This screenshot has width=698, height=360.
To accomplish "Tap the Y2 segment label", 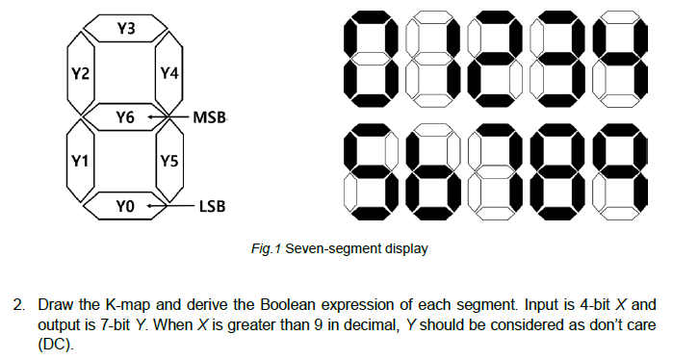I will [81, 73].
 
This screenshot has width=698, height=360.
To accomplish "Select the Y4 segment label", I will [169, 73].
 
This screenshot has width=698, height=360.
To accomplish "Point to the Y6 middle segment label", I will [125, 117].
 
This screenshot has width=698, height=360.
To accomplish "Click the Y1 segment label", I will [81, 161].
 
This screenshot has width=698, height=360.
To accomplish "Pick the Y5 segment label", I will [169, 161].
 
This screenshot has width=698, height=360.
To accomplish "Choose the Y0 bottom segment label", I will [125, 206].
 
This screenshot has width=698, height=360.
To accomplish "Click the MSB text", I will [210, 118].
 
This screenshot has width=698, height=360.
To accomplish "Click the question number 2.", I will [17, 308].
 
